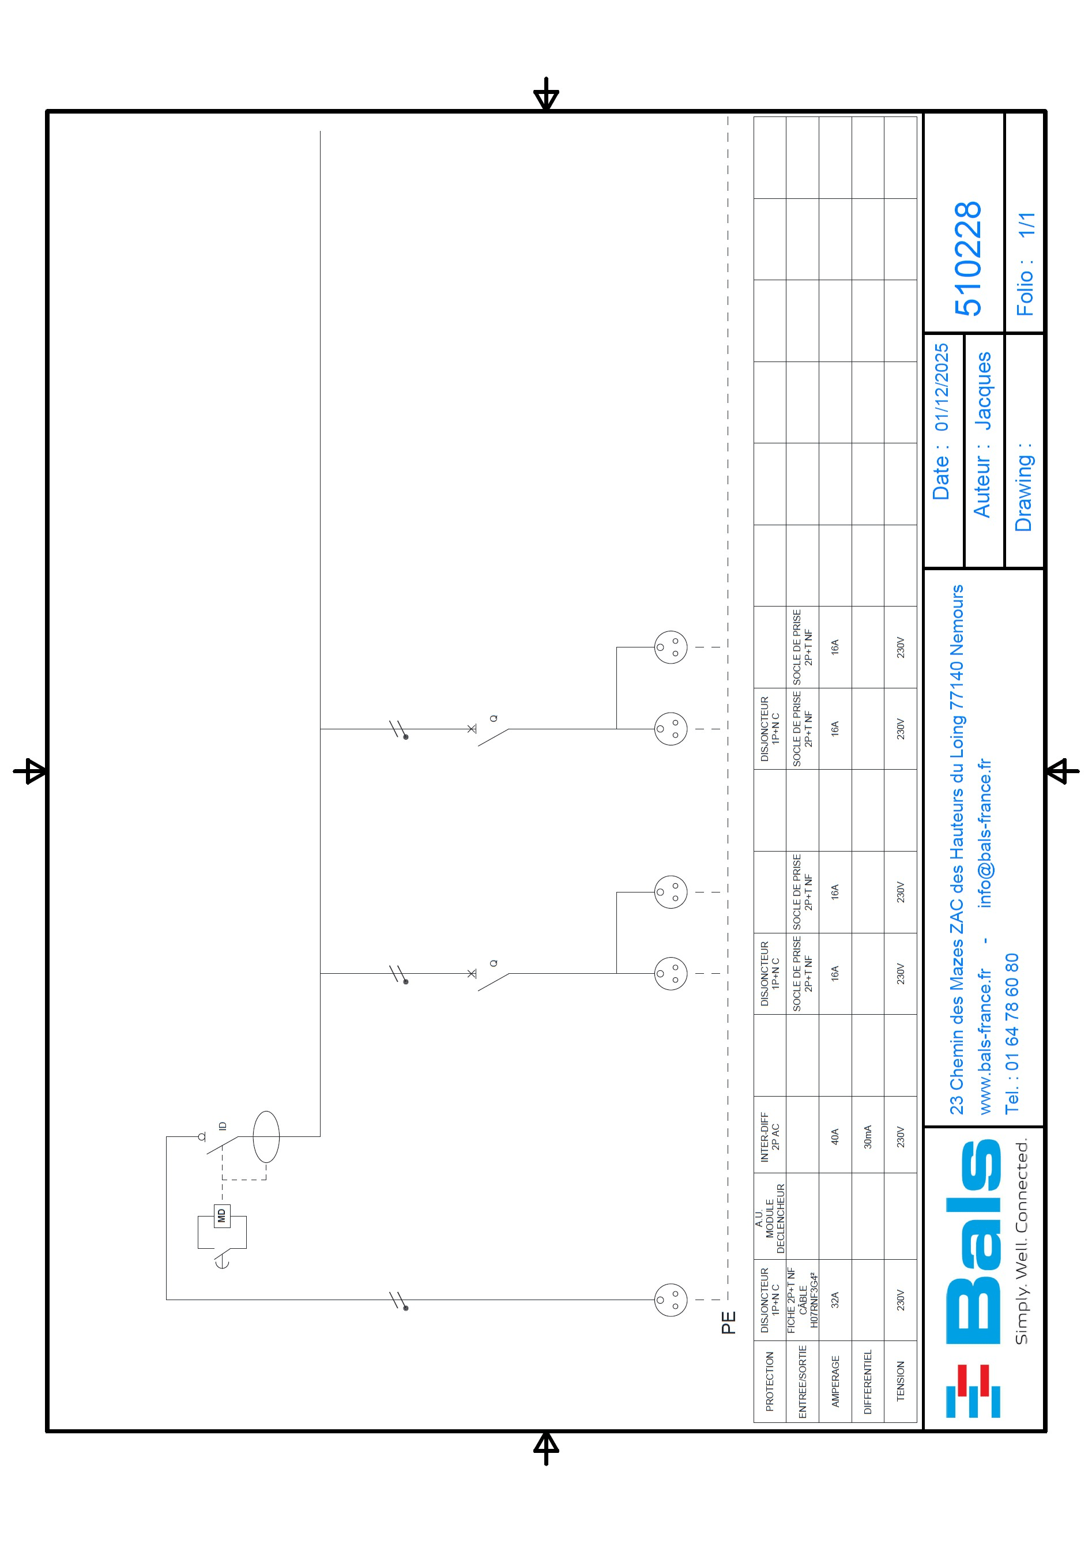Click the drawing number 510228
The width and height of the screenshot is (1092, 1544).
coord(968,259)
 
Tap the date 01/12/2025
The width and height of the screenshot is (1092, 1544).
coord(942,387)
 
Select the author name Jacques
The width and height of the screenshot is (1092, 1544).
coord(982,391)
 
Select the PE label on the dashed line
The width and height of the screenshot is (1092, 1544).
coord(728,1322)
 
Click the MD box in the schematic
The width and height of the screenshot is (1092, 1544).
coord(221,1216)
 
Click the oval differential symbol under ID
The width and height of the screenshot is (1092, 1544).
coord(266,1136)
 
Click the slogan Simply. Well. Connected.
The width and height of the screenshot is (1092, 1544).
coord(1022,1241)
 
